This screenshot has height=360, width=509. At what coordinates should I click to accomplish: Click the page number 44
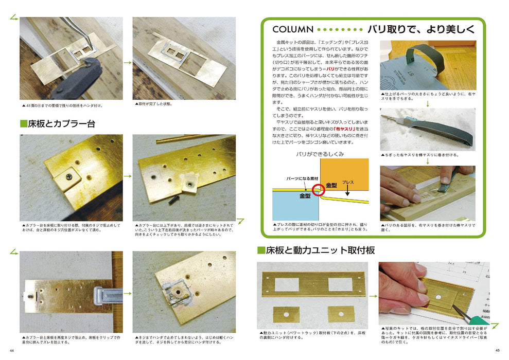[12, 351]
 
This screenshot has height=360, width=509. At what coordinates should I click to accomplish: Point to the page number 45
[497, 351]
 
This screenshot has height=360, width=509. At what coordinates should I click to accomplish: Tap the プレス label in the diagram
[348, 183]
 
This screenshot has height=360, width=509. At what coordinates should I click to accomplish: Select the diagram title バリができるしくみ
[320, 154]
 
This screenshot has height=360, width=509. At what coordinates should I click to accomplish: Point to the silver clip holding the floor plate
[107, 297]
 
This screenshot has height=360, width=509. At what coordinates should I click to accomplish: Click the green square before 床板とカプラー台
[23, 123]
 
